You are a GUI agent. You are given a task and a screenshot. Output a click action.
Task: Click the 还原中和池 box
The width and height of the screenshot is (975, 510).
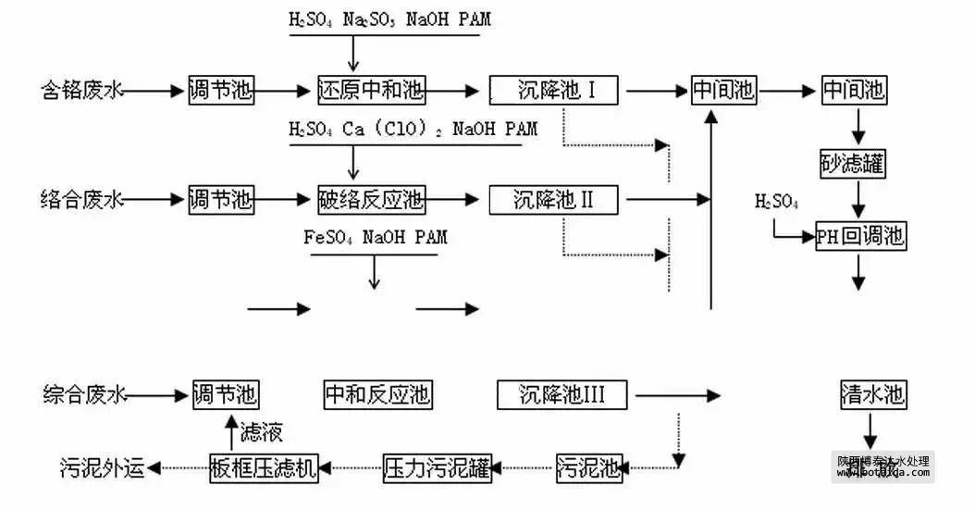(x=370, y=90)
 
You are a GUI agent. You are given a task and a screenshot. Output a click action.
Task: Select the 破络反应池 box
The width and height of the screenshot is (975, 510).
(x=370, y=198)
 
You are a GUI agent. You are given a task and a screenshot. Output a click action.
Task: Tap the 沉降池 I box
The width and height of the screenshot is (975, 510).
(x=556, y=90)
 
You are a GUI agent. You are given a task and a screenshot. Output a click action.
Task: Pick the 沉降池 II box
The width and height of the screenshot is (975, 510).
(x=556, y=198)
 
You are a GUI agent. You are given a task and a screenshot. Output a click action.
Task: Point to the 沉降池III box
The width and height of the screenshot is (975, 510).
(x=562, y=395)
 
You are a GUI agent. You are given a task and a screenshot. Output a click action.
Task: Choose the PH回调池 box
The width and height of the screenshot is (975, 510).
(x=859, y=236)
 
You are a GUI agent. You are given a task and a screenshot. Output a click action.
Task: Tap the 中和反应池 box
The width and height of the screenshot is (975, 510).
(x=377, y=395)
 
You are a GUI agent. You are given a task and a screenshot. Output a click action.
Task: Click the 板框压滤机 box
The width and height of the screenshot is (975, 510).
(x=263, y=467)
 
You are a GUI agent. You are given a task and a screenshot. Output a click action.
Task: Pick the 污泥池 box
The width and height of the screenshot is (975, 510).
(x=589, y=467)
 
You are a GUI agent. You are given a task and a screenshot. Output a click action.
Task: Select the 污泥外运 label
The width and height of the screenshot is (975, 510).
(x=103, y=468)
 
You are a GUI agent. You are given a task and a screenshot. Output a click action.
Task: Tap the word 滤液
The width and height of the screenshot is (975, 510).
(x=261, y=431)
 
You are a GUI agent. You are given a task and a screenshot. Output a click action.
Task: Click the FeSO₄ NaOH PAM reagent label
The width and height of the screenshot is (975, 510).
(x=375, y=238)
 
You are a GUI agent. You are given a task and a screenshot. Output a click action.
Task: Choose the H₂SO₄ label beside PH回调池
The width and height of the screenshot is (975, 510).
(x=776, y=202)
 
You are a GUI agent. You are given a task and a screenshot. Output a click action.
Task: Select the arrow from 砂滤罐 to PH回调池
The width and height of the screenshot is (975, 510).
(x=859, y=199)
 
